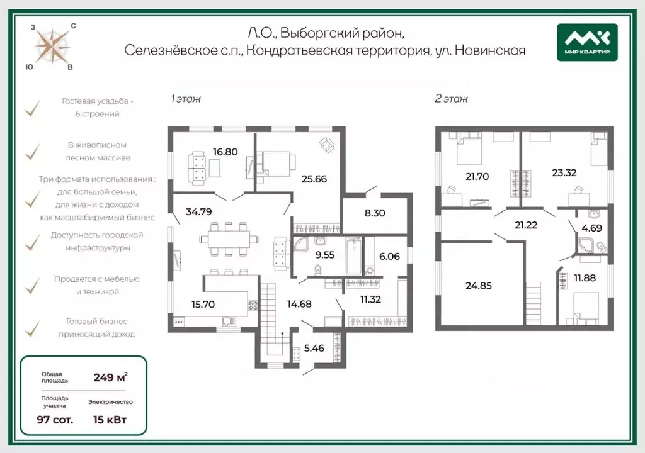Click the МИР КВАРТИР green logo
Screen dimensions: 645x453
(587, 42)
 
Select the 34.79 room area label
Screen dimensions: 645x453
(198, 211)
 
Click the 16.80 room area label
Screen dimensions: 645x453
(225, 152)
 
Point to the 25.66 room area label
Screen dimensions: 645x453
(314, 179)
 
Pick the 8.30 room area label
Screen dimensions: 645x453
(375, 213)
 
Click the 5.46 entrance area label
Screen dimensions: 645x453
(314, 348)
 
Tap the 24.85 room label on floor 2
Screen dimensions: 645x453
(479, 286)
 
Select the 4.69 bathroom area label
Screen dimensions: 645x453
(591, 228)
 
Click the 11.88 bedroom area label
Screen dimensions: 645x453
(585, 278)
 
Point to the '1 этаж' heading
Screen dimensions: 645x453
(186, 99)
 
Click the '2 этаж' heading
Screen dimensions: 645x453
(451, 99)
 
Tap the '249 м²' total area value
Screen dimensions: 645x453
(110, 377)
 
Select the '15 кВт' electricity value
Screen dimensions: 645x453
(110, 419)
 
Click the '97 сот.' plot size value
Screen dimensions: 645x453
(55, 419)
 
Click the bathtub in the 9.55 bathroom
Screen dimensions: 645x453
(353, 255)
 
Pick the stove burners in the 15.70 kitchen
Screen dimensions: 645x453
(253, 305)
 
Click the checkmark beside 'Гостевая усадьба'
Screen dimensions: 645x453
(33, 108)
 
